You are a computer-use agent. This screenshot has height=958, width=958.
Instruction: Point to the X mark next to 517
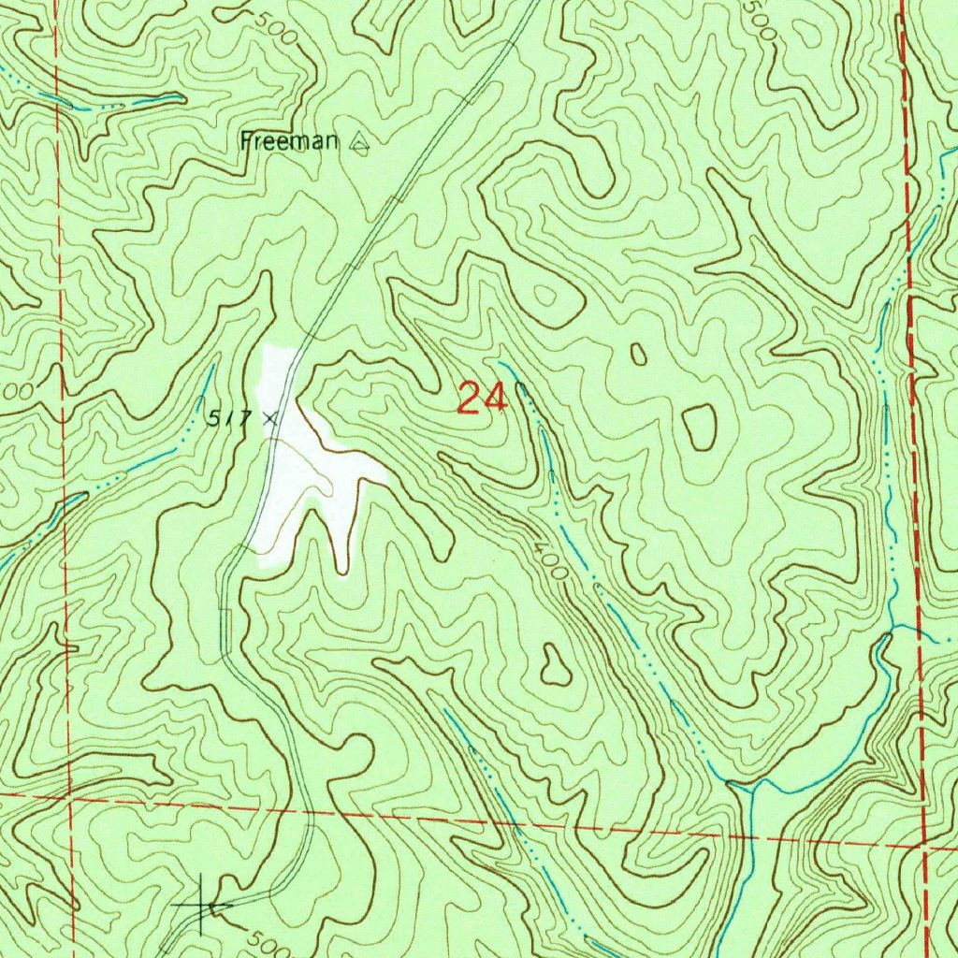pos(270,418)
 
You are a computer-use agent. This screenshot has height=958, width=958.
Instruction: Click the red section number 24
pos(482,399)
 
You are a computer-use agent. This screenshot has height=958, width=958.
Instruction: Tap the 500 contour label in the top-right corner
pos(762,19)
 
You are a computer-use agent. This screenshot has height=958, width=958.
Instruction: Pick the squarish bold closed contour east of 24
pos(699,427)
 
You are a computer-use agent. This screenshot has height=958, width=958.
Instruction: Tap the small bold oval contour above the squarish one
pos(638,354)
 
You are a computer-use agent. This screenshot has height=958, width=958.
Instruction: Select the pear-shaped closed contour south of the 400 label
pos(556,664)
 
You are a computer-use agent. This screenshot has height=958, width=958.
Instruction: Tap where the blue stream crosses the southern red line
pos(746,835)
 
